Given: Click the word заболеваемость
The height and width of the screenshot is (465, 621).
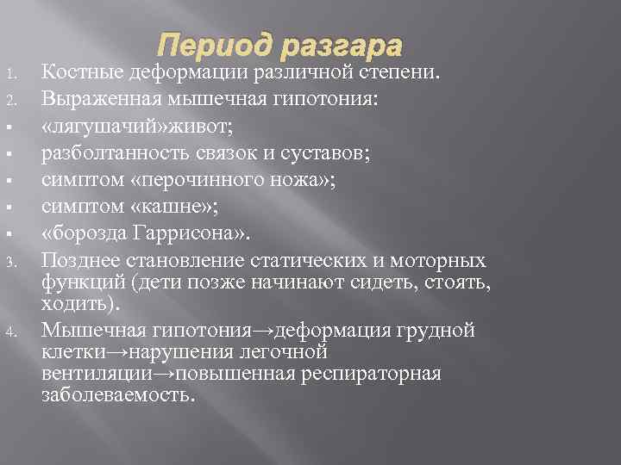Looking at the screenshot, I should pos(118,395).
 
